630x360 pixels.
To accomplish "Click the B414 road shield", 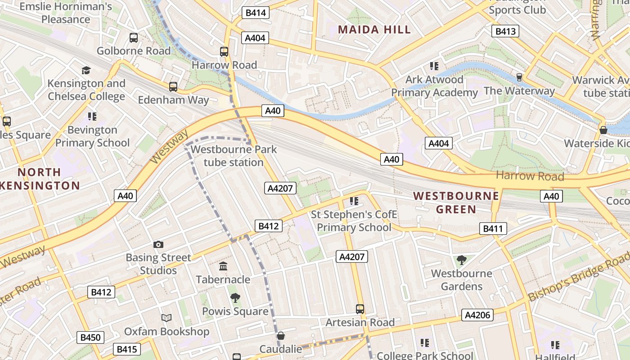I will click(x=256, y=13).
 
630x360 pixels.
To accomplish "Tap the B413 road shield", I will click(x=505, y=31).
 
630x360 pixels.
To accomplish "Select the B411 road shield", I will click(x=493, y=229).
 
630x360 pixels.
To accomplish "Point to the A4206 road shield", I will click(x=477, y=315).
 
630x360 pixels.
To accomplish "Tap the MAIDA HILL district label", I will click(x=374, y=30).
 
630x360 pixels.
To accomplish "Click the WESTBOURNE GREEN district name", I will click(x=456, y=202).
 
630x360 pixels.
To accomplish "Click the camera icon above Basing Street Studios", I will click(x=158, y=244).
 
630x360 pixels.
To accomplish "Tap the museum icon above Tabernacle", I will click(x=223, y=266).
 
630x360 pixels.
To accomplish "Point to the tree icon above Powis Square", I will click(x=235, y=297).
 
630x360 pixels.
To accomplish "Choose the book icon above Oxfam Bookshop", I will click(x=166, y=318).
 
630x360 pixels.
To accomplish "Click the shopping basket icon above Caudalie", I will click(x=281, y=335).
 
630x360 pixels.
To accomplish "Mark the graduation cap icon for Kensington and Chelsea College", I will click(x=86, y=70).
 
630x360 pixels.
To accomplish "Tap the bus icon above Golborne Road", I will click(x=134, y=38).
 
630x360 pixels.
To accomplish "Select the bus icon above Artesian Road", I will click(x=360, y=309).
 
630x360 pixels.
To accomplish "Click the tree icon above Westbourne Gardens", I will click(x=461, y=260).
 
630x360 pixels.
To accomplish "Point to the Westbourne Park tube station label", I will click(x=234, y=156).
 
